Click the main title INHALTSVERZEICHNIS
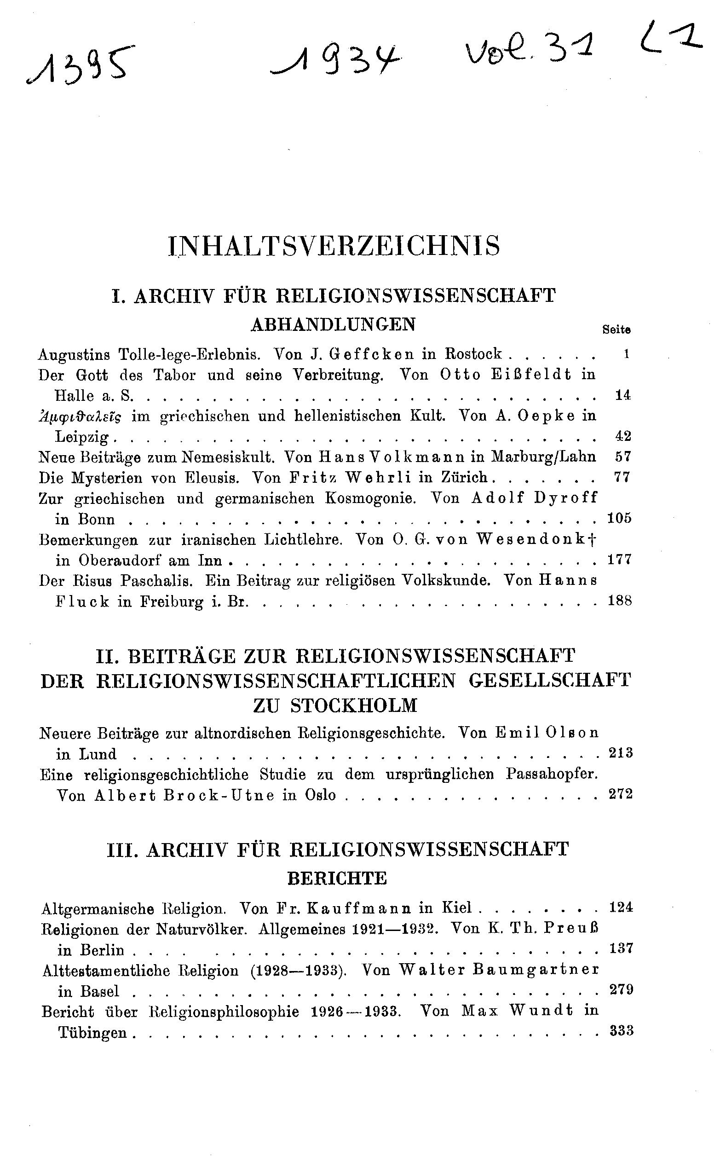coord(335,246)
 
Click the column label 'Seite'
coord(616,329)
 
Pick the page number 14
coord(622,395)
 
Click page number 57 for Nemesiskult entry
coord(622,457)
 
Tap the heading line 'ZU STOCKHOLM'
coord(335,705)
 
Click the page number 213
coord(621,753)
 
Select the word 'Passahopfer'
coord(552,775)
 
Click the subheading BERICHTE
coord(337,879)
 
